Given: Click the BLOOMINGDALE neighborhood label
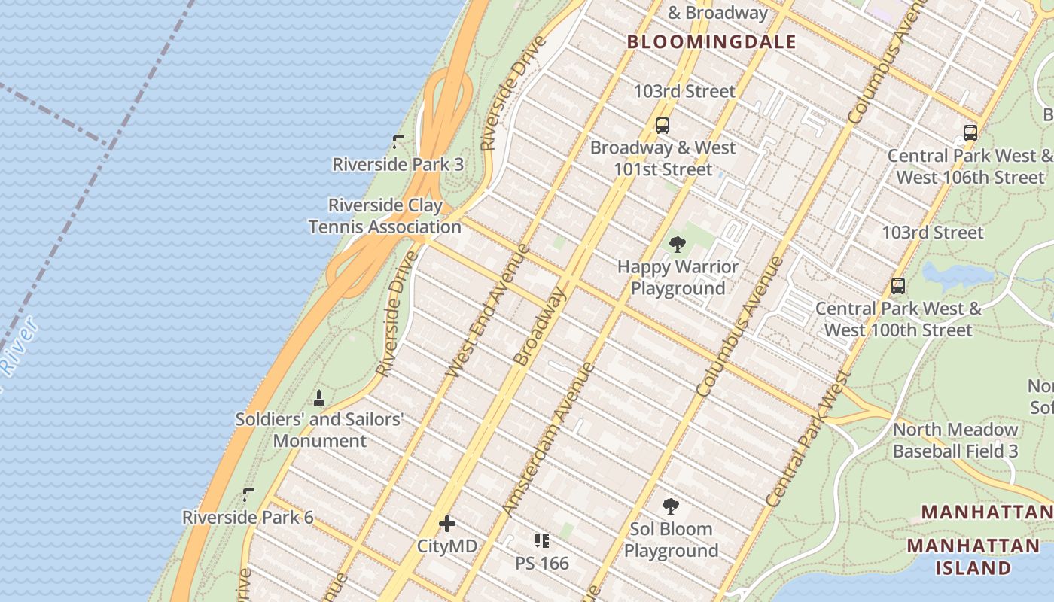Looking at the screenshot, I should click(x=711, y=42).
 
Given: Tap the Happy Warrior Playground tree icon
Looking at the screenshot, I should click(x=677, y=245).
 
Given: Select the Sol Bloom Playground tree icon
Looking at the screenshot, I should click(x=670, y=506).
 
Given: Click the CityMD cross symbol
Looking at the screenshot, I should click(x=447, y=524).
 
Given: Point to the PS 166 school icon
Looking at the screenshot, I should click(x=541, y=541).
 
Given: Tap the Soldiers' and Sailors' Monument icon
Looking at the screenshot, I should click(x=319, y=398).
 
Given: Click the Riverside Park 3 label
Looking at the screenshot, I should click(x=398, y=164).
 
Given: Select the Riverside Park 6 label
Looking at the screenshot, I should click(x=248, y=518).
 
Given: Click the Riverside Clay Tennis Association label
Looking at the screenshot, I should click(x=385, y=216).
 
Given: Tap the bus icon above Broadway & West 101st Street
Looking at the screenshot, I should click(x=663, y=126).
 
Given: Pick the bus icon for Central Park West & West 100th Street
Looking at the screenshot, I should click(x=897, y=286).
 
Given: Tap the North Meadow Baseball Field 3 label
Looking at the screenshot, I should click(x=955, y=440).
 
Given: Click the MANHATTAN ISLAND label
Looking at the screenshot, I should click(x=973, y=556).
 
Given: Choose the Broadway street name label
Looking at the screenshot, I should click(x=538, y=327).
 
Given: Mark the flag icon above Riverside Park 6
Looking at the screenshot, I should click(x=248, y=494).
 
